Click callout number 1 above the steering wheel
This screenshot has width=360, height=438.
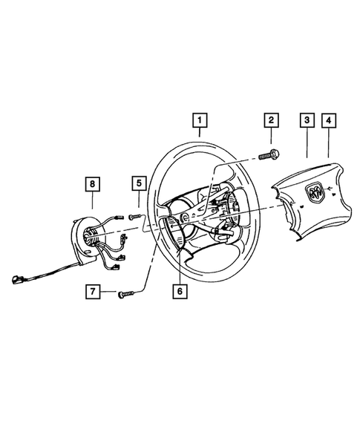(199, 119)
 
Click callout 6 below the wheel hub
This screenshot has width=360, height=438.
(179, 291)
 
